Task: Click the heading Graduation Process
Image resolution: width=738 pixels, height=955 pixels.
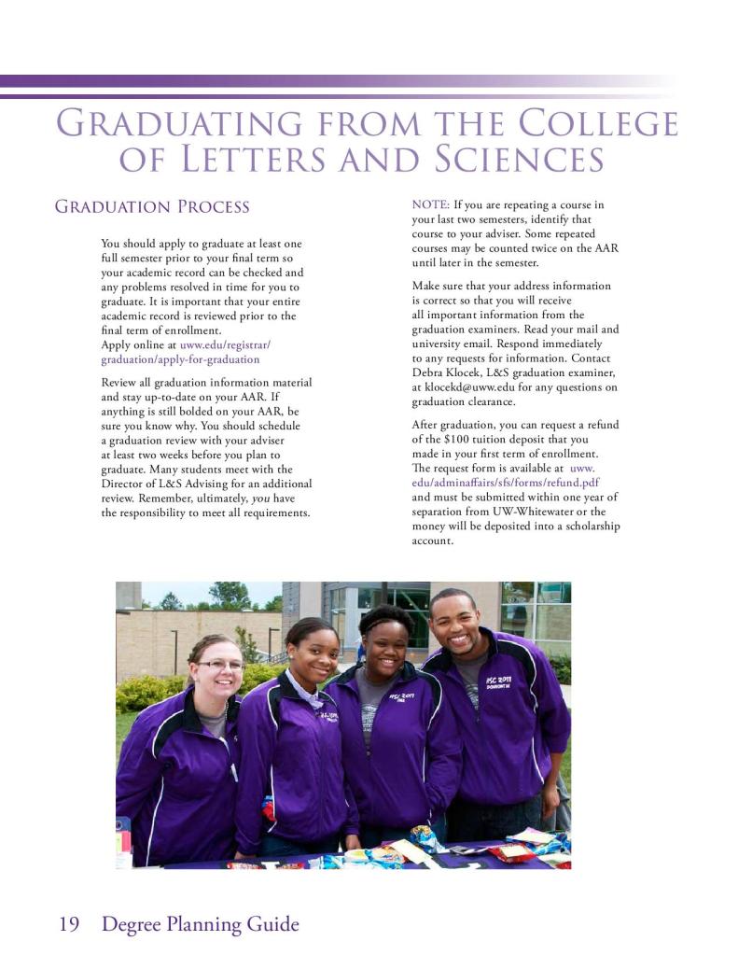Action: tap(152, 206)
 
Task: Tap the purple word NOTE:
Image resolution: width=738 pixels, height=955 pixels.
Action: tap(430, 204)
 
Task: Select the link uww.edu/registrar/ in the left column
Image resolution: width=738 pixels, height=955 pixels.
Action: tap(225, 344)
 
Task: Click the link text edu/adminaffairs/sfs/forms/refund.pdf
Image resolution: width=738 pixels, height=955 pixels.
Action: tap(505, 483)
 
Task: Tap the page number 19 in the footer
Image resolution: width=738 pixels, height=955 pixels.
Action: tap(69, 924)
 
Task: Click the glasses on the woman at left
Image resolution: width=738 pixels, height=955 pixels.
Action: tap(219, 665)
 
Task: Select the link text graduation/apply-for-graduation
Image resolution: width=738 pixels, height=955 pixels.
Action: tap(180, 358)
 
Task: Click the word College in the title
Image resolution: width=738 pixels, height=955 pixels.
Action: tap(598, 124)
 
